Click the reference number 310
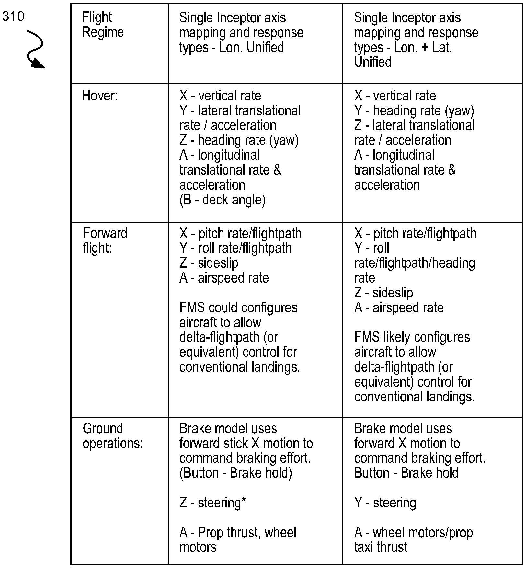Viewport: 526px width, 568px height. tap(13, 16)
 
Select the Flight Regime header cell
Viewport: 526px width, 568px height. tap(103, 25)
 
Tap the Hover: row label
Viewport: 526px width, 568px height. tap(100, 96)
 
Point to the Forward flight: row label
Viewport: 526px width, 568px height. tap(105, 240)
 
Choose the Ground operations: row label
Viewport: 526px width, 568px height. tap(112, 436)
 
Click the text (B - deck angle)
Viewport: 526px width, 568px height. tap(222, 200)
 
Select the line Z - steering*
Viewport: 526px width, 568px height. tap(212, 503)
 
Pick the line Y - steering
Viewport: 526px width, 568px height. tap(385, 503)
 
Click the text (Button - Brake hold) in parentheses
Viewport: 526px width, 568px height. tap(235, 473)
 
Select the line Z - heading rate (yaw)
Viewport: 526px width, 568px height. tap(239, 140)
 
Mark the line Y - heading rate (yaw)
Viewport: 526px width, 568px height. tap(414, 111)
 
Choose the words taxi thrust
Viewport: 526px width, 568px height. tap(381, 547)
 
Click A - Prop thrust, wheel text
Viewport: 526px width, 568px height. tap(238, 532)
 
